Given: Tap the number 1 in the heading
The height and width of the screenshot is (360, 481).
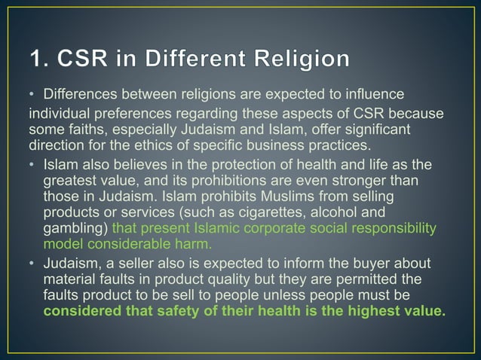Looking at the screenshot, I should pyautogui.click(x=35, y=59).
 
